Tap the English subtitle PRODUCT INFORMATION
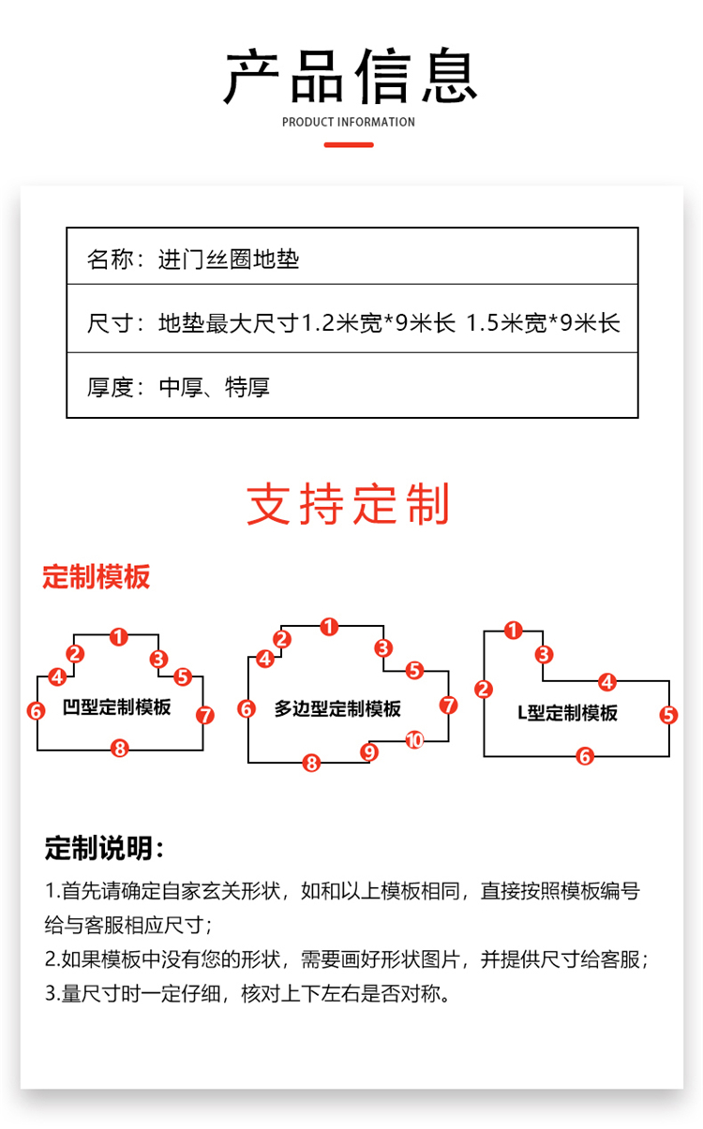(349, 122)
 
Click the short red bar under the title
(349, 145)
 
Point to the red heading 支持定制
(349, 504)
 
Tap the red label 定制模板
(96, 577)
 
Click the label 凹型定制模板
(117, 706)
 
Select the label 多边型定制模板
(337, 708)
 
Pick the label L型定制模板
(568, 713)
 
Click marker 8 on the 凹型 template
(119, 748)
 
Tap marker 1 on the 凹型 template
(118, 637)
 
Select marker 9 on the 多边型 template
(370, 751)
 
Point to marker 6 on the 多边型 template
(247, 709)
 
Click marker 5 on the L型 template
(668, 715)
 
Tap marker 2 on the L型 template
(484, 690)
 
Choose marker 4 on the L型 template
(607, 682)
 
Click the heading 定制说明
(105, 849)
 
